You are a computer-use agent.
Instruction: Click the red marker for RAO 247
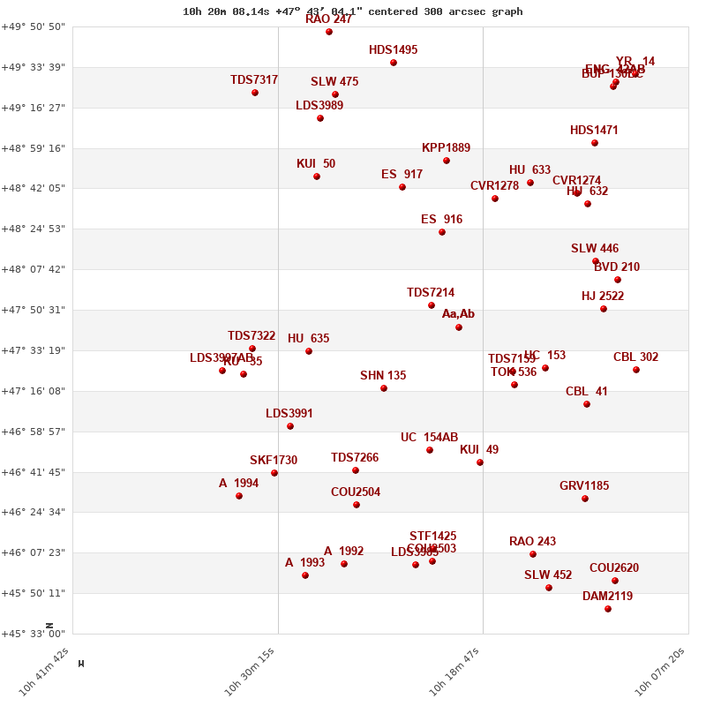click(x=329, y=32)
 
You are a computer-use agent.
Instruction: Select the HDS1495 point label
click(x=393, y=50)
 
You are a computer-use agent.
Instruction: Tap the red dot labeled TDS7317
click(x=255, y=93)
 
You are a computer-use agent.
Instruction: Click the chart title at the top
click(x=352, y=11)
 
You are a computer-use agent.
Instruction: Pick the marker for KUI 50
click(x=317, y=176)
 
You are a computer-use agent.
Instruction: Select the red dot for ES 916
click(x=442, y=232)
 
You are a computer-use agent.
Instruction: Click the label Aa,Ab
click(x=458, y=314)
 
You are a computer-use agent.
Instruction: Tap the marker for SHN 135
click(x=384, y=388)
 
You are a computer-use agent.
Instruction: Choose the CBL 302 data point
click(x=636, y=370)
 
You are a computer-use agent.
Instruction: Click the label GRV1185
click(x=584, y=486)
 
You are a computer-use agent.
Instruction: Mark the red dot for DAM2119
click(x=608, y=609)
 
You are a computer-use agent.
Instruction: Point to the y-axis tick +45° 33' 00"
click(x=34, y=634)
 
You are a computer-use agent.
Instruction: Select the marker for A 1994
click(x=239, y=496)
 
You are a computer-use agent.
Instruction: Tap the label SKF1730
click(x=274, y=461)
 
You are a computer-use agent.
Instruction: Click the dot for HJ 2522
click(x=604, y=309)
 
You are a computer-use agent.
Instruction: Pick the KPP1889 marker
click(x=447, y=161)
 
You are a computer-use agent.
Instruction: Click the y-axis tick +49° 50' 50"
click(x=34, y=26)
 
